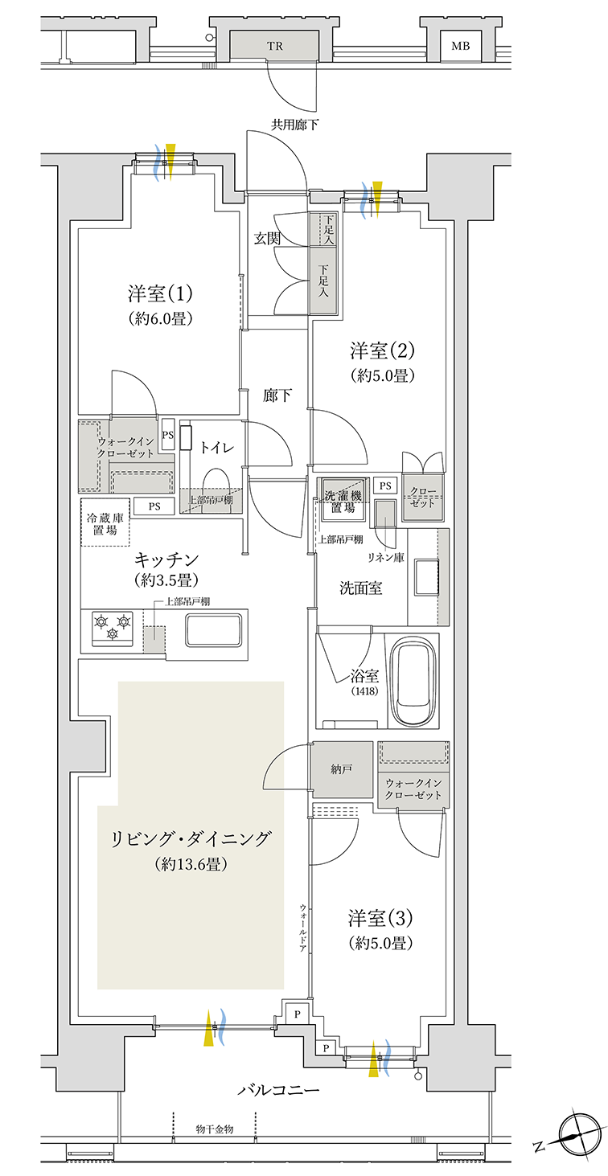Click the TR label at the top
[274, 46]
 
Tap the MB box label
[461, 46]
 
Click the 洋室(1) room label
[160, 293]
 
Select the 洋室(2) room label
[382, 350]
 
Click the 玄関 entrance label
[267, 239]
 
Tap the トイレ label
[216, 448]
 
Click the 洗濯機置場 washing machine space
[343, 499]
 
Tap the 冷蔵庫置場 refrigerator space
[105, 522]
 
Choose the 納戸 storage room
[342, 769]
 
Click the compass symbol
[580, 1134]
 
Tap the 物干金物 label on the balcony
[215, 1129]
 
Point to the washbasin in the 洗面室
[427, 577]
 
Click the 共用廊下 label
[295, 125]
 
